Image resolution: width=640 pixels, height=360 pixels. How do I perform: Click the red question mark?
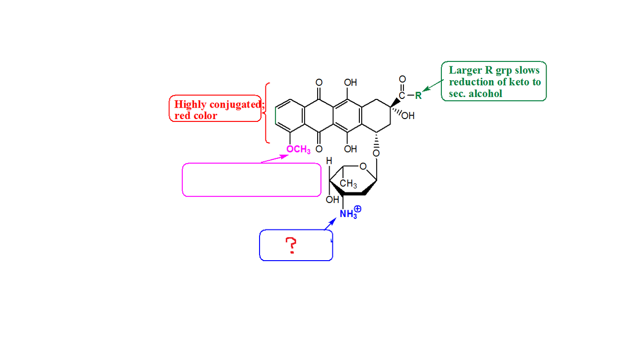click(290, 247)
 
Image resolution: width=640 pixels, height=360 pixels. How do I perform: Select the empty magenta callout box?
click(251, 180)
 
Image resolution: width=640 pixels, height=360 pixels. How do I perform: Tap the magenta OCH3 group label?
click(298, 150)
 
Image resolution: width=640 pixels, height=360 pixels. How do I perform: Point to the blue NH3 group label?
click(348, 214)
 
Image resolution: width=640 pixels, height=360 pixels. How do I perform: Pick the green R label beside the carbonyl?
click(418, 95)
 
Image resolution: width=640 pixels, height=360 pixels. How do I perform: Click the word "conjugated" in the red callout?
click(236, 105)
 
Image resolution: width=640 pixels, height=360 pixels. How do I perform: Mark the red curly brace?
click(267, 113)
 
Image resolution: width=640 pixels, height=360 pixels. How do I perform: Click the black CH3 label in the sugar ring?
click(348, 184)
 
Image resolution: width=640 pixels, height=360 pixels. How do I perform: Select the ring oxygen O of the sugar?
click(363, 167)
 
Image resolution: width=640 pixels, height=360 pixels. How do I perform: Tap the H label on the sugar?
click(329, 162)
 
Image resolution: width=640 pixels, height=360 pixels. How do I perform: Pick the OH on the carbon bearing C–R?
click(408, 116)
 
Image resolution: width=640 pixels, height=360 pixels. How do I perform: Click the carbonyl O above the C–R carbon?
click(402, 79)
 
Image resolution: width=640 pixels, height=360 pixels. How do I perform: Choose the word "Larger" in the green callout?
click(463, 70)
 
